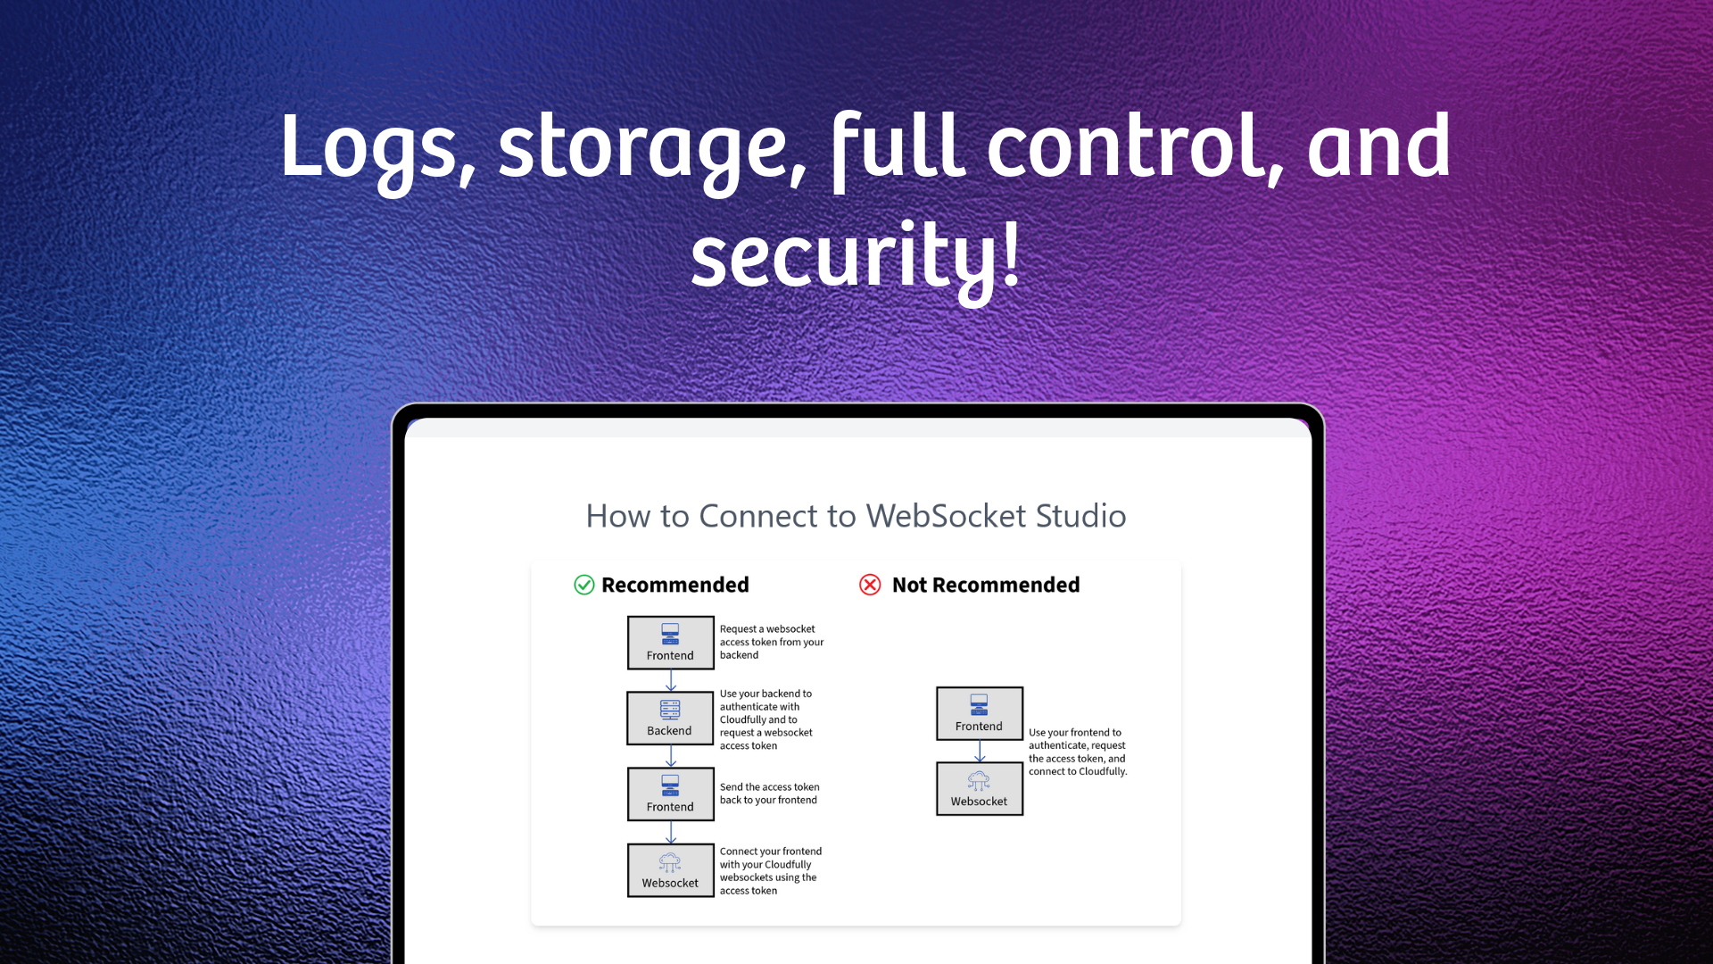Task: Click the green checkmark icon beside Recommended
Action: point(584,585)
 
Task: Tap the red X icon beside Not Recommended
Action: point(870,585)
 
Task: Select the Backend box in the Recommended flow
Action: point(670,719)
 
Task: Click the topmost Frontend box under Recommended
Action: point(670,643)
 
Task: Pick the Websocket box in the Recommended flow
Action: point(670,870)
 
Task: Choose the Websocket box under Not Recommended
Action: point(979,788)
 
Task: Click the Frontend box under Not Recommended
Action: point(979,713)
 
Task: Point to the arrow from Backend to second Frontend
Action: point(671,756)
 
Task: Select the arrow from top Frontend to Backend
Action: point(671,681)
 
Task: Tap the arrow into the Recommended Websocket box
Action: point(671,833)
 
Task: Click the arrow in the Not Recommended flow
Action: point(980,751)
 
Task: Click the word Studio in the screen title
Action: point(1080,516)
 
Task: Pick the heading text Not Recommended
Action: point(985,585)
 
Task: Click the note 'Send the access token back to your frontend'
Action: point(769,794)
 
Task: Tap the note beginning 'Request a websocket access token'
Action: point(771,642)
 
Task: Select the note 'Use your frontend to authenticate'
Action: point(1077,752)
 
